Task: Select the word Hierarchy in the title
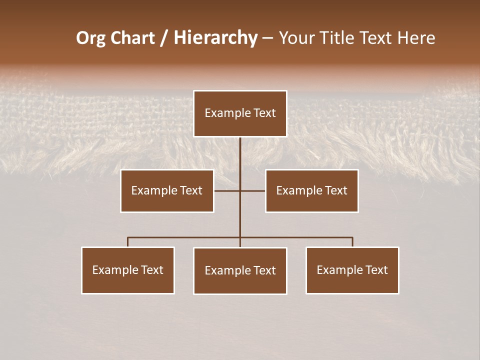215,38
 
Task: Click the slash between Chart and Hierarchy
164,38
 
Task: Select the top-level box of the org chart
240,113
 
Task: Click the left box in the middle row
167,191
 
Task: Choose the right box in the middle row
312,191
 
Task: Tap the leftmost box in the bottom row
128,270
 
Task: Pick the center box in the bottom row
240,271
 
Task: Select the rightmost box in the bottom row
352,270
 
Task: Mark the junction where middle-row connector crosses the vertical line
240,190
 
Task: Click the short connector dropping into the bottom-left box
128,242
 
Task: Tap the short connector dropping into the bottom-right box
352,242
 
